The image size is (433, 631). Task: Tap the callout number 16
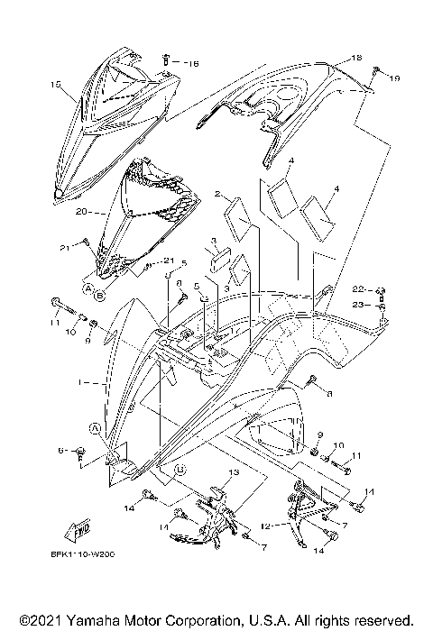tap(192, 64)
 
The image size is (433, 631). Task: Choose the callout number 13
tap(233, 472)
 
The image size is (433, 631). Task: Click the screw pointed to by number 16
tap(168, 61)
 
